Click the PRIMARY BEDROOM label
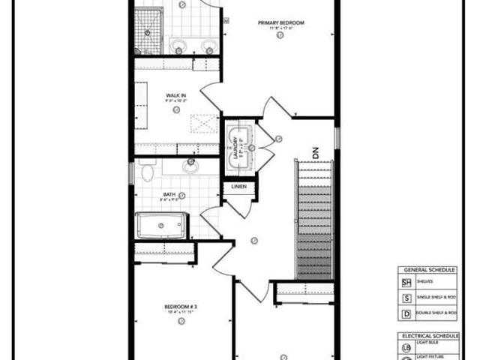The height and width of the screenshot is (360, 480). tap(281, 23)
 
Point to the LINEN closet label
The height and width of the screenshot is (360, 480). tap(239, 186)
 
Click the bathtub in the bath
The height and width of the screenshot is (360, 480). tap(160, 225)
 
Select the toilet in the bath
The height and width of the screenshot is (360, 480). tap(147, 172)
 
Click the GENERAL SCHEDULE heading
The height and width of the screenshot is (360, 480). tap(428, 268)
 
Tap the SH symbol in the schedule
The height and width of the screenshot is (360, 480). tap(407, 283)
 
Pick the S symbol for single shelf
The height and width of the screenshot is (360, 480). tap(407, 298)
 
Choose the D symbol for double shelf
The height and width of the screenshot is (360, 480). tap(407, 313)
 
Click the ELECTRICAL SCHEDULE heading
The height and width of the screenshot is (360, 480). tap(428, 336)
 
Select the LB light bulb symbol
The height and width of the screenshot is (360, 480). tap(407, 349)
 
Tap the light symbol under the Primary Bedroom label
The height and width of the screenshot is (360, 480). tap(280, 34)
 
